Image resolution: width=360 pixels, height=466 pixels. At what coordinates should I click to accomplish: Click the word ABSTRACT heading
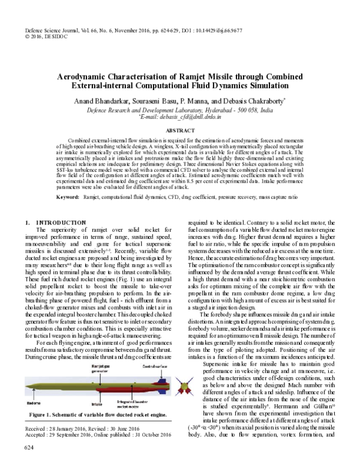pos(179,129)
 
